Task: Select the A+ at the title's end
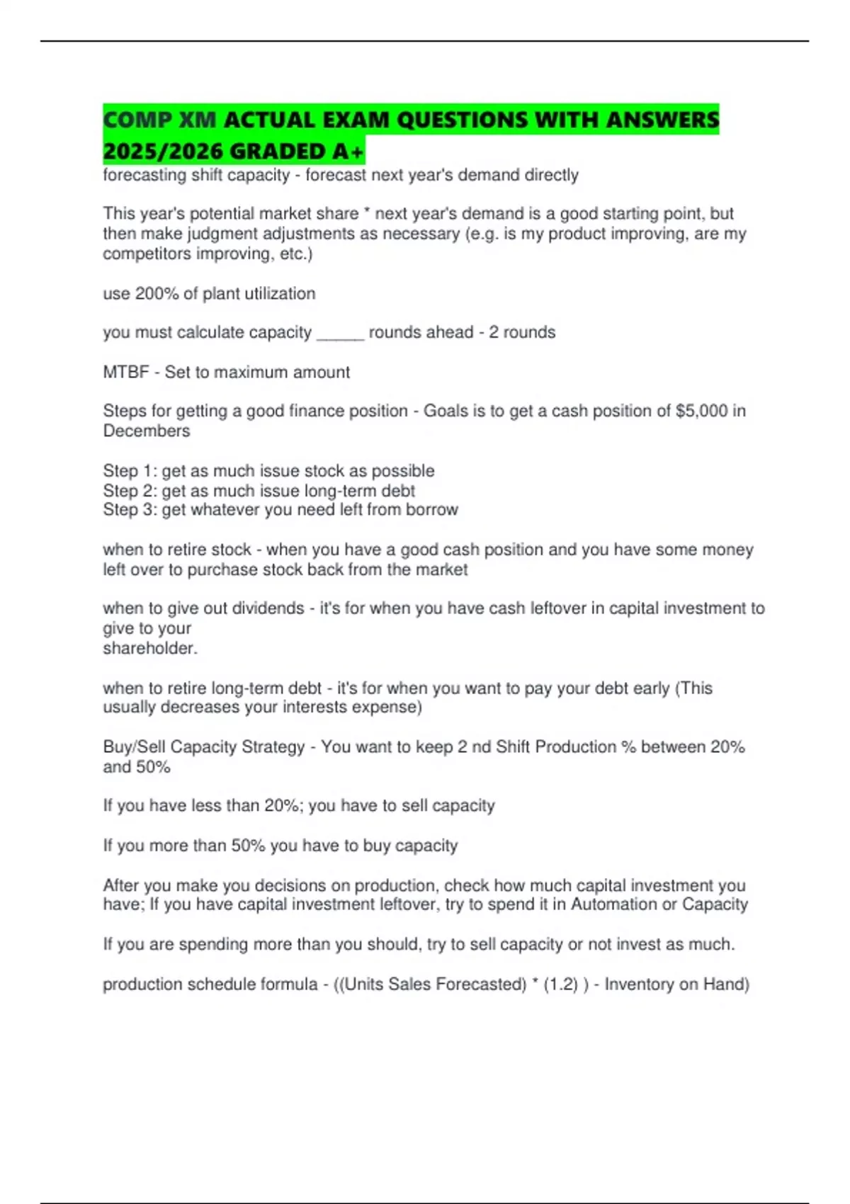[348, 151]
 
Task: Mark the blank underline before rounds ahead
[340, 333]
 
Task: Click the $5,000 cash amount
[701, 411]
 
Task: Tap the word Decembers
[147, 431]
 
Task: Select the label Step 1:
[130, 471]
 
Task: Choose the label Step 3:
[130, 510]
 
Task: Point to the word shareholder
[148, 648]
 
